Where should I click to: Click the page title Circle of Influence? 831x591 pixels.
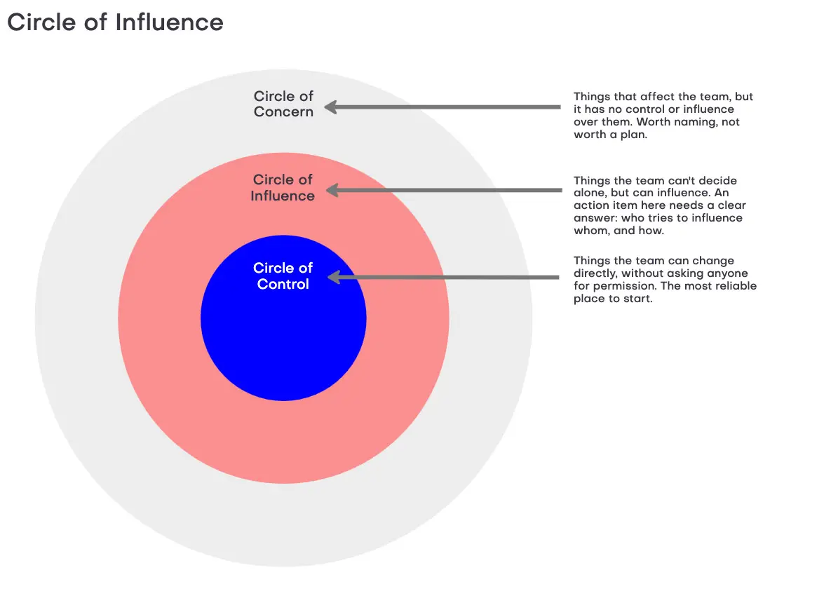[115, 22]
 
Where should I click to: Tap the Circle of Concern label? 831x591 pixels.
[283, 104]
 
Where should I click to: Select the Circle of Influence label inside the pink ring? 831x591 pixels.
[283, 188]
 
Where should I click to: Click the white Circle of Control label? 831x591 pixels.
[283, 276]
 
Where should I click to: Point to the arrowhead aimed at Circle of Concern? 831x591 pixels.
[331, 107]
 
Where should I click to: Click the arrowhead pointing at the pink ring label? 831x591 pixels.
[332, 190]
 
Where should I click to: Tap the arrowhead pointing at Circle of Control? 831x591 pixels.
[334, 277]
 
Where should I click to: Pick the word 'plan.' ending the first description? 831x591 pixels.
[634, 135]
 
